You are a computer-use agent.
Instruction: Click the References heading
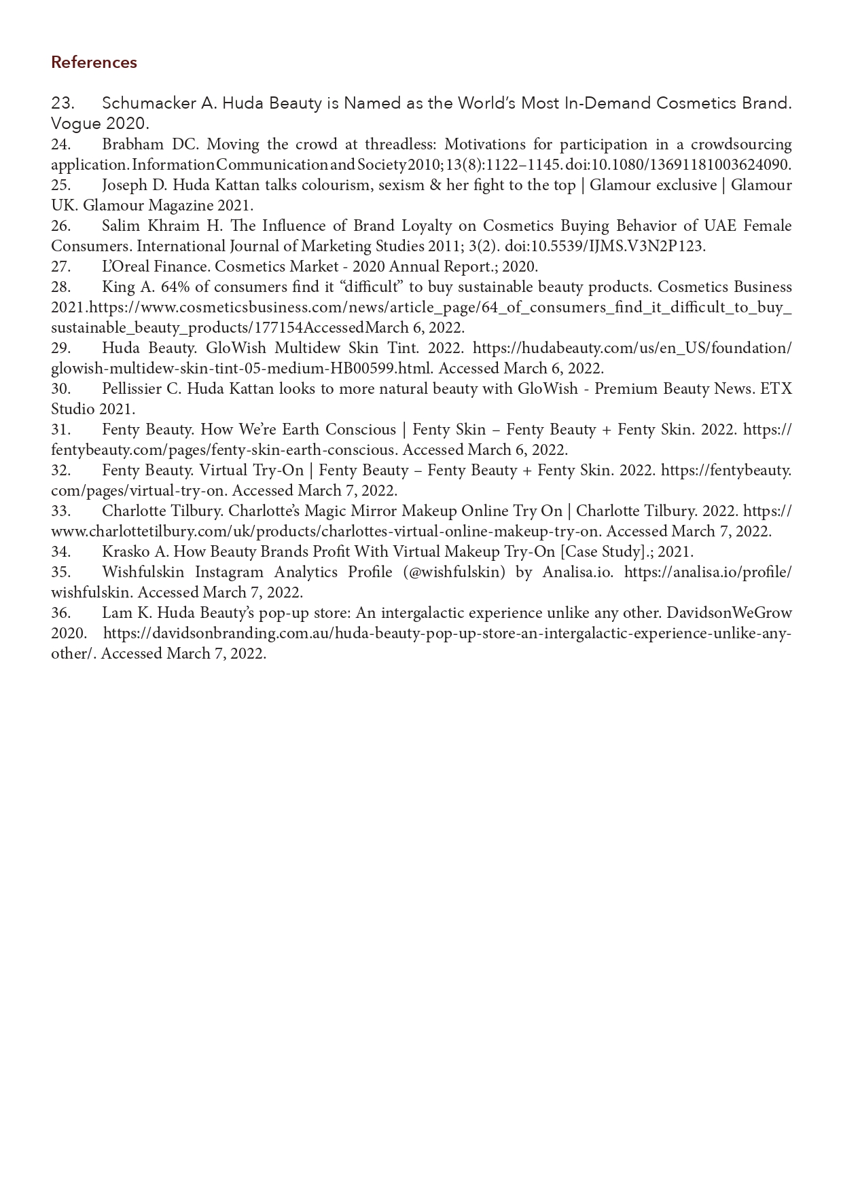[94, 62]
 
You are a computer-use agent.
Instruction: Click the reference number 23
[62, 103]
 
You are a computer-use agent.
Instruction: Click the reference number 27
[61, 267]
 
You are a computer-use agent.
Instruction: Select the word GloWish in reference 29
[235, 348]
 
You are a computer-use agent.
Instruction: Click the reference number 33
[61, 511]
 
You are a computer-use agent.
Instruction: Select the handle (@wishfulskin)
[454, 572]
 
